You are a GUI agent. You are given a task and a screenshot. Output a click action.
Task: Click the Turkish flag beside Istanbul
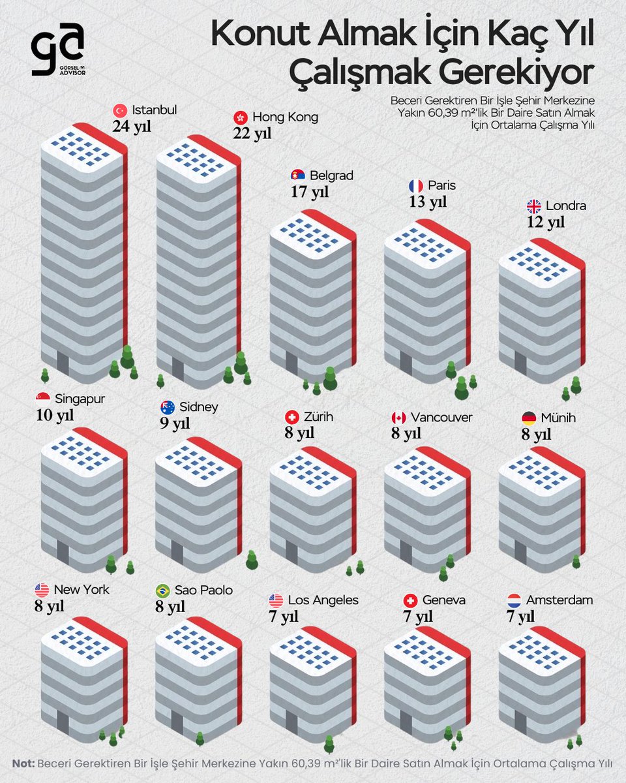tap(119, 110)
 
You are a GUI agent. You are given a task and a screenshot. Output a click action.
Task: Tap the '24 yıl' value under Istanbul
tap(131, 126)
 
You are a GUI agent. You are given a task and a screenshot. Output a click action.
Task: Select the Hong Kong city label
tap(285, 117)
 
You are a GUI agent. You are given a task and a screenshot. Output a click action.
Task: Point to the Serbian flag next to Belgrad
tap(297, 176)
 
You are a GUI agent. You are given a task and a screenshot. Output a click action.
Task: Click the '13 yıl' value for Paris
tap(428, 202)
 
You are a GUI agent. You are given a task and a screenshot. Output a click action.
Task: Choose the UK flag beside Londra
tap(533, 206)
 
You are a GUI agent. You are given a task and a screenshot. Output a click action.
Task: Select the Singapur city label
tap(80, 398)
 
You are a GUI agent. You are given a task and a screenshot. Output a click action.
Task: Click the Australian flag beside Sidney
tap(168, 407)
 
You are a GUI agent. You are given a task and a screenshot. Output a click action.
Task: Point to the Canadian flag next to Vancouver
tap(398, 418)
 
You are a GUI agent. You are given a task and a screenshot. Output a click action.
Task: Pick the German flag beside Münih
tap(529, 418)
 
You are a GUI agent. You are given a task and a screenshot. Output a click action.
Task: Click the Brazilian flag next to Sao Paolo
tap(162, 591)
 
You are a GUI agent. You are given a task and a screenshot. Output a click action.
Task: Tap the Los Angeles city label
tap(323, 600)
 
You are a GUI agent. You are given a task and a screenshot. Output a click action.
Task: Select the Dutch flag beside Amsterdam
tap(514, 600)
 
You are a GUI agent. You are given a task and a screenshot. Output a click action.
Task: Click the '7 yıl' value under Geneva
tap(418, 617)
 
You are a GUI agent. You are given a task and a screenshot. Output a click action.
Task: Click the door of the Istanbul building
tap(63, 363)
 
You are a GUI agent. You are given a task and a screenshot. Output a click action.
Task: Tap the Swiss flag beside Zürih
tap(292, 418)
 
